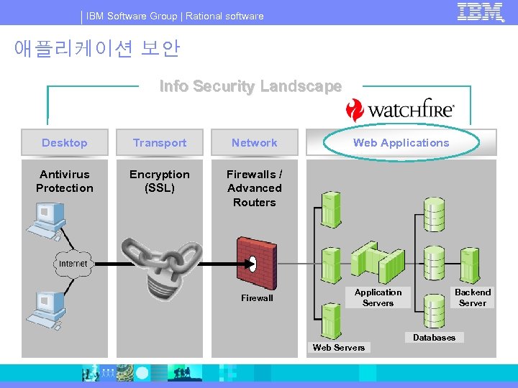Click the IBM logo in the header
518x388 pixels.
click(x=480, y=13)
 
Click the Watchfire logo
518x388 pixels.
click(x=400, y=109)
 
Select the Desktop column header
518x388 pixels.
click(x=65, y=143)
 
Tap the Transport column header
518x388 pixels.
click(x=160, y=143)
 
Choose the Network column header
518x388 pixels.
click(x=254, y=143)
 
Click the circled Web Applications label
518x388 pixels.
click(x=401, y=143)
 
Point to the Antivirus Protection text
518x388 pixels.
click(x=65, y=181)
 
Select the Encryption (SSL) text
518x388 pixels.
click(x=160, y=181)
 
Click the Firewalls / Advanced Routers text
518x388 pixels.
click(x=254, y=188)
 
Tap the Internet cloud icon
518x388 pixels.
click(x=73, y=264)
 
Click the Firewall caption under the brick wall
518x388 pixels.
click(x=257, y=298)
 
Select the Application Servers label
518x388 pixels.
click(x=378, y=297)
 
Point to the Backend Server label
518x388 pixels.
click(x=473, y=297)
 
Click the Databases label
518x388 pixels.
click(x=434, y=338)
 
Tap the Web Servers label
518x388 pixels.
click(x=339, y=348)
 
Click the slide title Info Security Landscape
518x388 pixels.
click(x=250, y=87)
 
